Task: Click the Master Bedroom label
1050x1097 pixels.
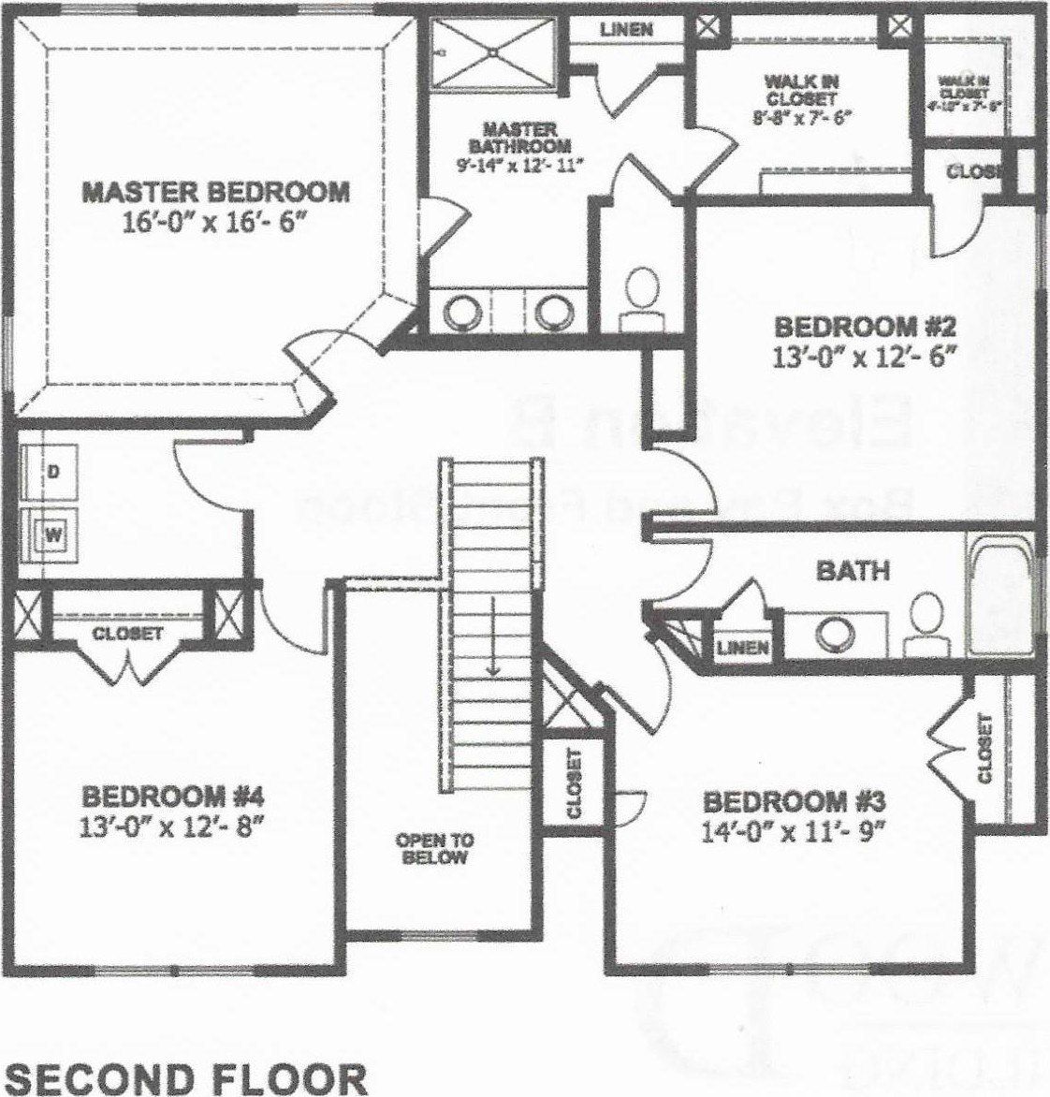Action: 216,192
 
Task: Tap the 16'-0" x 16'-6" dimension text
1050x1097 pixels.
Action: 216,225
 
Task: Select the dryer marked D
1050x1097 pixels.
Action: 53,473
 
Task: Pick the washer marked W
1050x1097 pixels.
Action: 53,535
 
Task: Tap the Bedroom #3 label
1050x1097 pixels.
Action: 794,802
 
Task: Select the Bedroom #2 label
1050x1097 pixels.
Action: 864,328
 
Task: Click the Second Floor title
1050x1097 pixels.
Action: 186,1077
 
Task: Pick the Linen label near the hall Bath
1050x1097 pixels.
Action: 744,647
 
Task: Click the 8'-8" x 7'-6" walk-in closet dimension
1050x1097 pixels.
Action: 800,117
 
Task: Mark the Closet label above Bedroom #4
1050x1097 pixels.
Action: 127,634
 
